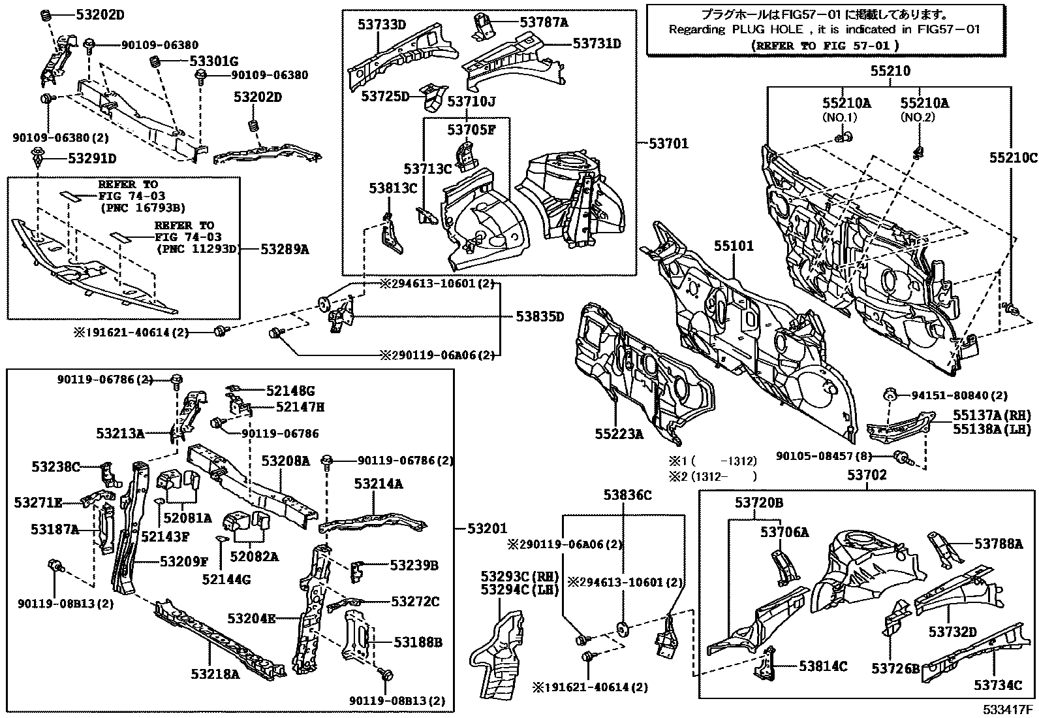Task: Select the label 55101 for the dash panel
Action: [733, 246]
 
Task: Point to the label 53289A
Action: [285, 249]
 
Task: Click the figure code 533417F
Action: [1009, 710]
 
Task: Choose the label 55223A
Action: [619, 433]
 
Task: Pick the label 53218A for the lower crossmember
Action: [215, 674]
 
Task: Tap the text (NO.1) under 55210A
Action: [839, 118]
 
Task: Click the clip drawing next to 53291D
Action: [39, 157]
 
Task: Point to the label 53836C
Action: [627, 495]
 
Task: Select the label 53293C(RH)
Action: [520, 577]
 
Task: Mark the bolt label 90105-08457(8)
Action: [826, 456]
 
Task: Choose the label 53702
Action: [867, 476]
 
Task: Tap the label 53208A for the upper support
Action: [285, 461]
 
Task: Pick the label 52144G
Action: [226, 579]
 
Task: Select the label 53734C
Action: [998, 685]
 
